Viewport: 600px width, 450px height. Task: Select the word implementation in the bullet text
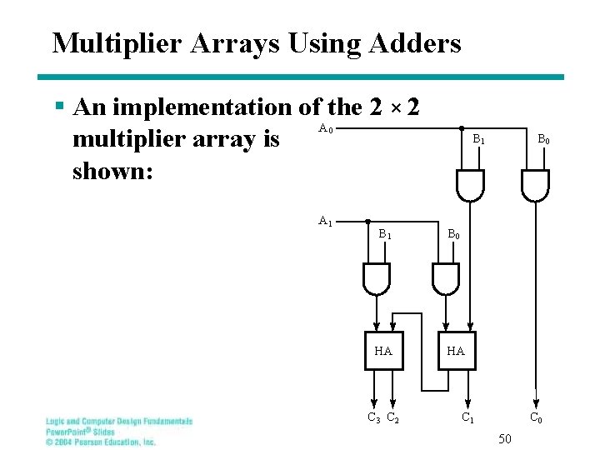coord(203,107)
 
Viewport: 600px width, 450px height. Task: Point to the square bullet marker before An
coord(58,107)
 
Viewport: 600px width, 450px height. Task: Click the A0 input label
coord(326,129)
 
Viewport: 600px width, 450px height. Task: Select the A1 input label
coord(326,222)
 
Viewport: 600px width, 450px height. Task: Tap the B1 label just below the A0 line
coord(479,141)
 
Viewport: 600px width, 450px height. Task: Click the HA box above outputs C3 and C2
coord(383,351)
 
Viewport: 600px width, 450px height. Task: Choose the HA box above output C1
coord(456,351)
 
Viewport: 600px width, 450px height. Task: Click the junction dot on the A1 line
coord(368,222)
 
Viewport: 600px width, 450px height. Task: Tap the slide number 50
coord(505,438)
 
